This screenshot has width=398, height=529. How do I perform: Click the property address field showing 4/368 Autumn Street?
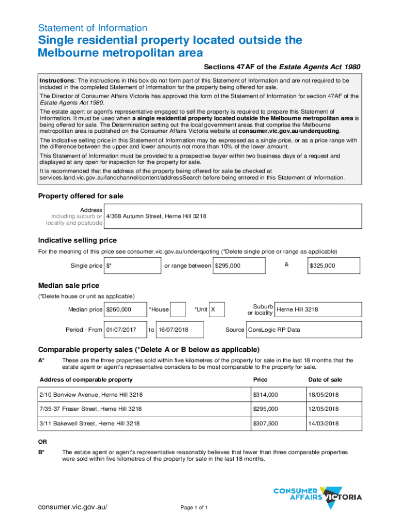(233, 216)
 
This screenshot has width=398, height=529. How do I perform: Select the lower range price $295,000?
(239, 266)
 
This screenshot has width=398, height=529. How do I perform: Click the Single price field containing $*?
(132, 266)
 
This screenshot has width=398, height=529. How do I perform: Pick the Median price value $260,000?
(125, 309)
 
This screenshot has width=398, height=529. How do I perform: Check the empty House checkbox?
(178, 309)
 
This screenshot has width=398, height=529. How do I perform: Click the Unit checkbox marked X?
(217, 309)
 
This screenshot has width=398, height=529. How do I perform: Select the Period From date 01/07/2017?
(124, 330)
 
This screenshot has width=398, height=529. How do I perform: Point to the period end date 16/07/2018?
(179, 330)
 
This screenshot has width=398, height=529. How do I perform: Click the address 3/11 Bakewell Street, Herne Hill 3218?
(89, 423)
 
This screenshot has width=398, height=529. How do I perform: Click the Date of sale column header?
(325, 380)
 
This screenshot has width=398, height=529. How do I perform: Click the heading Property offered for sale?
(81, 196)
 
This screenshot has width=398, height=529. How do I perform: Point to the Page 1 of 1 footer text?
(194, 508)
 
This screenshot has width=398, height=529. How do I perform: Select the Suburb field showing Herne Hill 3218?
(318, 309)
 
